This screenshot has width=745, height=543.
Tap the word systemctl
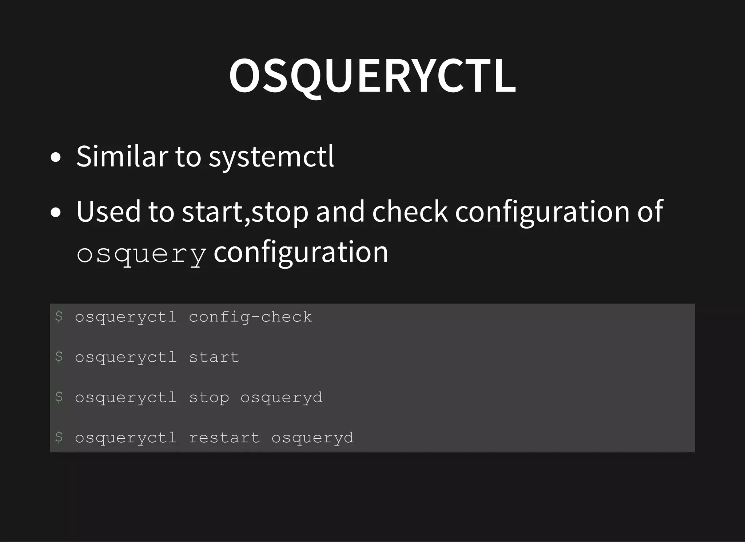pos(271,157)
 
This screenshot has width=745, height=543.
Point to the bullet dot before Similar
pos(56,158)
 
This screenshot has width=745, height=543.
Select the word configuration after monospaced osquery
pos(301,253)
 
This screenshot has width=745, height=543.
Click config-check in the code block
pos(250,317)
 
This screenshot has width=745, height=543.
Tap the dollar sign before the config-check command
pos(59,317)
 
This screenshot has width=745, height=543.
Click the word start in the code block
pos(214,357)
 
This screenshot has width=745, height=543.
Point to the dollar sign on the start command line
pos(59,357)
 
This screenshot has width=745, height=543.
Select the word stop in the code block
pos(209,398)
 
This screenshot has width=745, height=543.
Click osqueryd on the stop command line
pos(282,398)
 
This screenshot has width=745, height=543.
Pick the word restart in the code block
pos(224,438)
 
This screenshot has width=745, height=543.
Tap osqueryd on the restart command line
pos(312,438)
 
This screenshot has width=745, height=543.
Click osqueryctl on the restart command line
pos(126,438)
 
